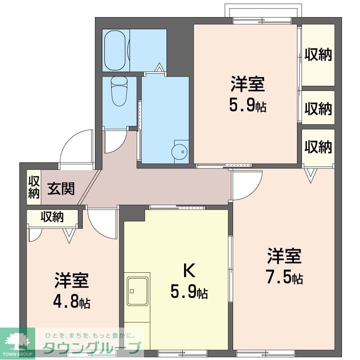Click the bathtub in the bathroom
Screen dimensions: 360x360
click(x=115, y=50)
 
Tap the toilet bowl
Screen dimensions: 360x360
click(x=119, y=91)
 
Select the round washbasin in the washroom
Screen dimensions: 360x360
click(x=179, y=152)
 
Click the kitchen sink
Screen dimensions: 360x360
click(x=138, y=291)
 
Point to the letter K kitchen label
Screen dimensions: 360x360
click(x=189, y=271)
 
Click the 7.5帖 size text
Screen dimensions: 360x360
click(x=284, y=277)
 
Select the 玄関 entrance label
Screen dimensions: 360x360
click(x=61, y=189)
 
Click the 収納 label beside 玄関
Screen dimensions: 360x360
click(x=34, y=187)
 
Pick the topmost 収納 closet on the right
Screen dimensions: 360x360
click(x=318, y=54)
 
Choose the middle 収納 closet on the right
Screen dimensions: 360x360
click(x=318, y=108)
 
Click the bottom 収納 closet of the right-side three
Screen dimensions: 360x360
click(x=318, y=146)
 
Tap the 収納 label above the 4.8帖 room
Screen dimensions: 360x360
click(x=52, y=216)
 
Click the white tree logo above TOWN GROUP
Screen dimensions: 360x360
click(x=18, y=341)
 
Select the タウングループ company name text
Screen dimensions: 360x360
click(x=92, y=348)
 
